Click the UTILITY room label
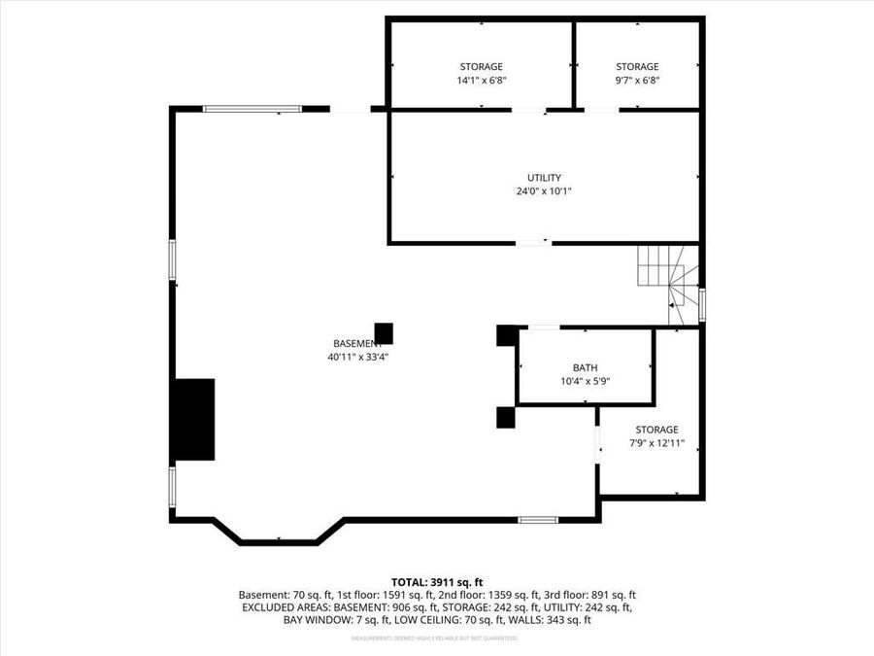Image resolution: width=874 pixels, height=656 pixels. pos(544,178)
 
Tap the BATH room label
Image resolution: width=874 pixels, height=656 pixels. pos(585,367)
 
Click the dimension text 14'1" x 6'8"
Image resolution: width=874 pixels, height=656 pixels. pos(482,81)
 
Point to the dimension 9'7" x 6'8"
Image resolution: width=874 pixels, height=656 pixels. pos(637,81)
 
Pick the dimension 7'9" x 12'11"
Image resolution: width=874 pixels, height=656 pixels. pos(656,443)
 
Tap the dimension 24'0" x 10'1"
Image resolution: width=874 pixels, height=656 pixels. pos(544,191)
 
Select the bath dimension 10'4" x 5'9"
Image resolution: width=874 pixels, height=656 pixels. pos(585,381)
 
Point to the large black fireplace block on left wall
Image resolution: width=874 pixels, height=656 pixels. pos(193,419)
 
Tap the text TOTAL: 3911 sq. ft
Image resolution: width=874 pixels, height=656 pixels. pos(437,581)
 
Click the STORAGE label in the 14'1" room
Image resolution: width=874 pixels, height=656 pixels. pos(482,67)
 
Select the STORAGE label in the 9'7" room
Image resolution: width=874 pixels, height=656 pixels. pos(637,67)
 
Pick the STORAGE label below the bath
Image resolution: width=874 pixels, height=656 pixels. pos(656,430)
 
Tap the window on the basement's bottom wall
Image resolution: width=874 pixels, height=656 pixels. pos(538,520)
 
